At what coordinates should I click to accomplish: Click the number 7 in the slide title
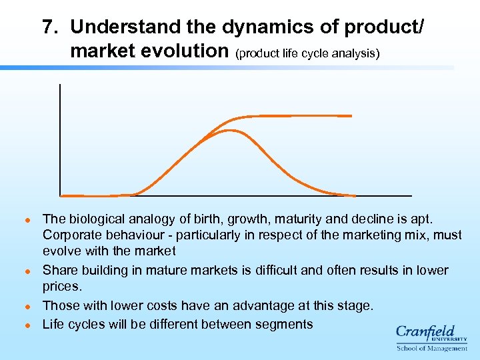click(x=48, y=27)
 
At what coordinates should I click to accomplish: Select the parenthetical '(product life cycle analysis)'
click(x=307, y=53)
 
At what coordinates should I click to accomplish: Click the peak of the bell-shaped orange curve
click(x=230, y=130)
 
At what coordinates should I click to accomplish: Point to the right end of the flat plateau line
click(x=351, y=116)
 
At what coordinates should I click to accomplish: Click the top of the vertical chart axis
click(x=60, y=85)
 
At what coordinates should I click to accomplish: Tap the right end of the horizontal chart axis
click(x=411, y=195)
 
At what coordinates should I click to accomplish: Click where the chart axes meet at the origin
click(x=60, y=195)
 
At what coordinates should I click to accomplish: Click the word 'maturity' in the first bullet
click(x=305, y=219)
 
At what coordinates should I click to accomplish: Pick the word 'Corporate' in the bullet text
click(x=71, y=235)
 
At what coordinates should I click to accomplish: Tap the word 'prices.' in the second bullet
click(x=62, y=287)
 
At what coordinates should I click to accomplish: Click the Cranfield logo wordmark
click(x=425, y=333)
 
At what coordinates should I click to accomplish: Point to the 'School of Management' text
click(x=431, y=348)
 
